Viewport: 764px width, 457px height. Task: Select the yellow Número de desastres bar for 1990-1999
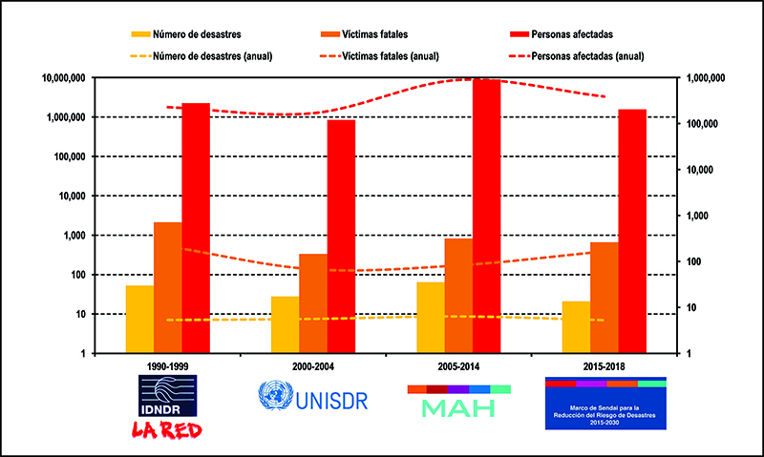139,320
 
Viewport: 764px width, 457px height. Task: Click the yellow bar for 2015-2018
576,327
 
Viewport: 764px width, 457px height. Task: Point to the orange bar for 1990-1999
168,287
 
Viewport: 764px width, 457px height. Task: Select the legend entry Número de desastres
199,34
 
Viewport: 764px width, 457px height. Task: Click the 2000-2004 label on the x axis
312,366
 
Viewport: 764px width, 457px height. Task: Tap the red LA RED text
168,428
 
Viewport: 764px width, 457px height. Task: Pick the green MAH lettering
458,408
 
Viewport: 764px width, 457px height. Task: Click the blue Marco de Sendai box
605,405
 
